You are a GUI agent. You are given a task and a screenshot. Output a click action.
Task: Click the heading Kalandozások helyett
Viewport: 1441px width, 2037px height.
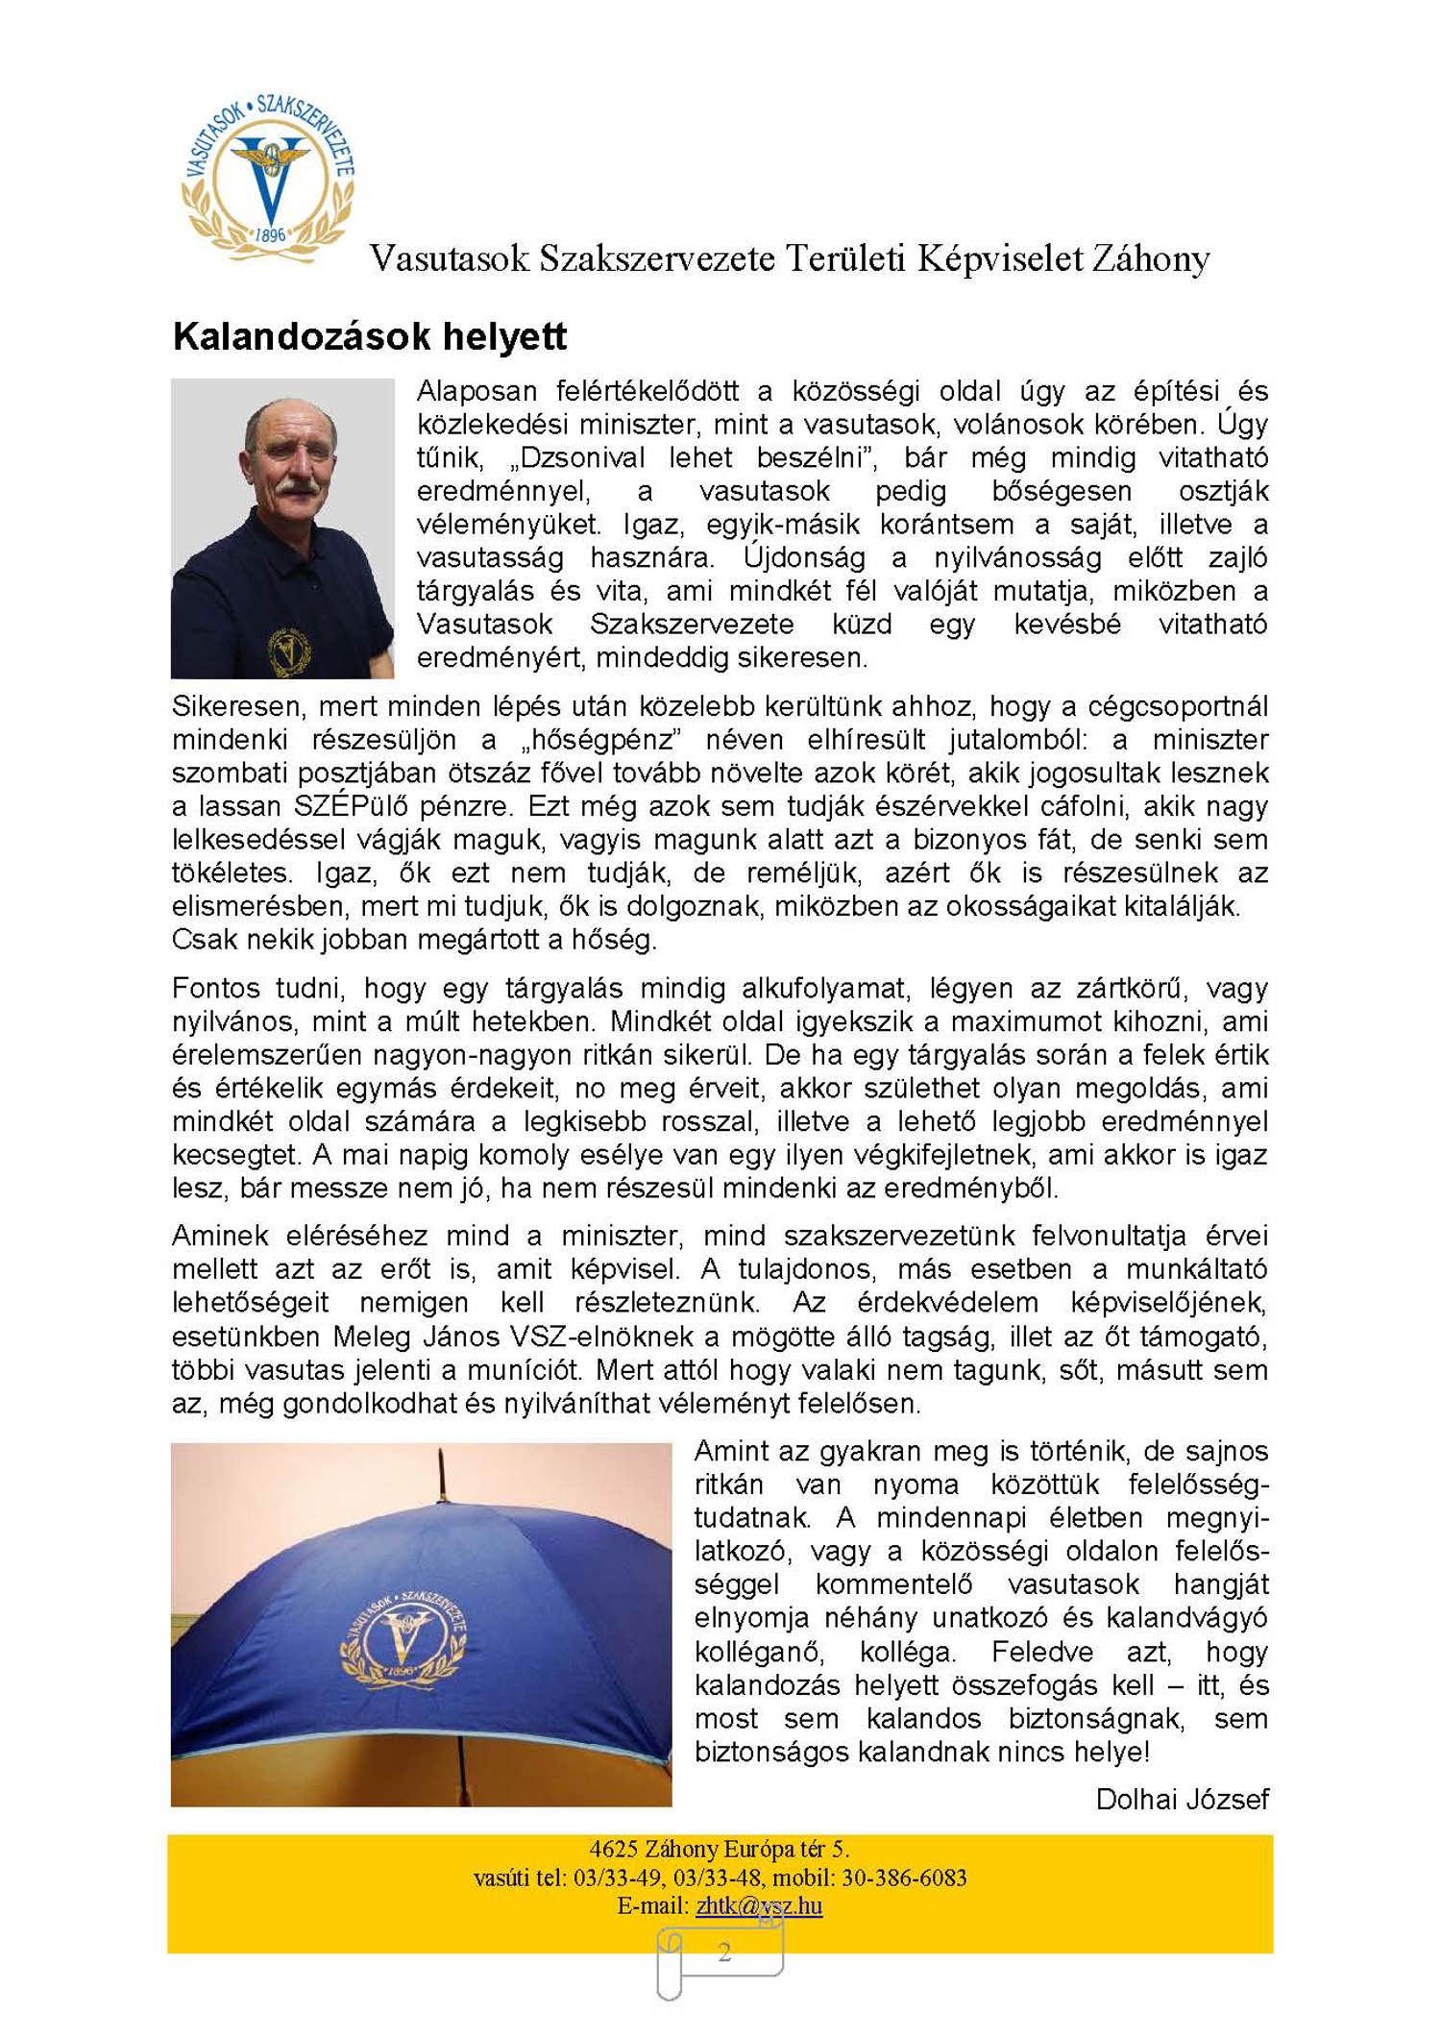coord(370,336)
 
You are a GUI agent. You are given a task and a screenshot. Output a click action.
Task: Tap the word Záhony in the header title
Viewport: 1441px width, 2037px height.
coord(1149,258)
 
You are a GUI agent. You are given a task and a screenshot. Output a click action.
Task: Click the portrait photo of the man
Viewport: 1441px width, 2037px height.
coord(282,528)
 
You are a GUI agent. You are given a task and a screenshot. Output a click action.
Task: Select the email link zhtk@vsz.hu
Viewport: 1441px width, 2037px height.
coord(759,1905)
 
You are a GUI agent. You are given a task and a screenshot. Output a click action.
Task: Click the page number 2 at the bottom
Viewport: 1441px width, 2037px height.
coord(724,1951)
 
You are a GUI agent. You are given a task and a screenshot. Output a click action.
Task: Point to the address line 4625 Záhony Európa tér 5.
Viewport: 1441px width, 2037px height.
coord(720,1849)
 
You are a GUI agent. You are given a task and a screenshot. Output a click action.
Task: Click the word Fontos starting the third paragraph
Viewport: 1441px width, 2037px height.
coord(215,988)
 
